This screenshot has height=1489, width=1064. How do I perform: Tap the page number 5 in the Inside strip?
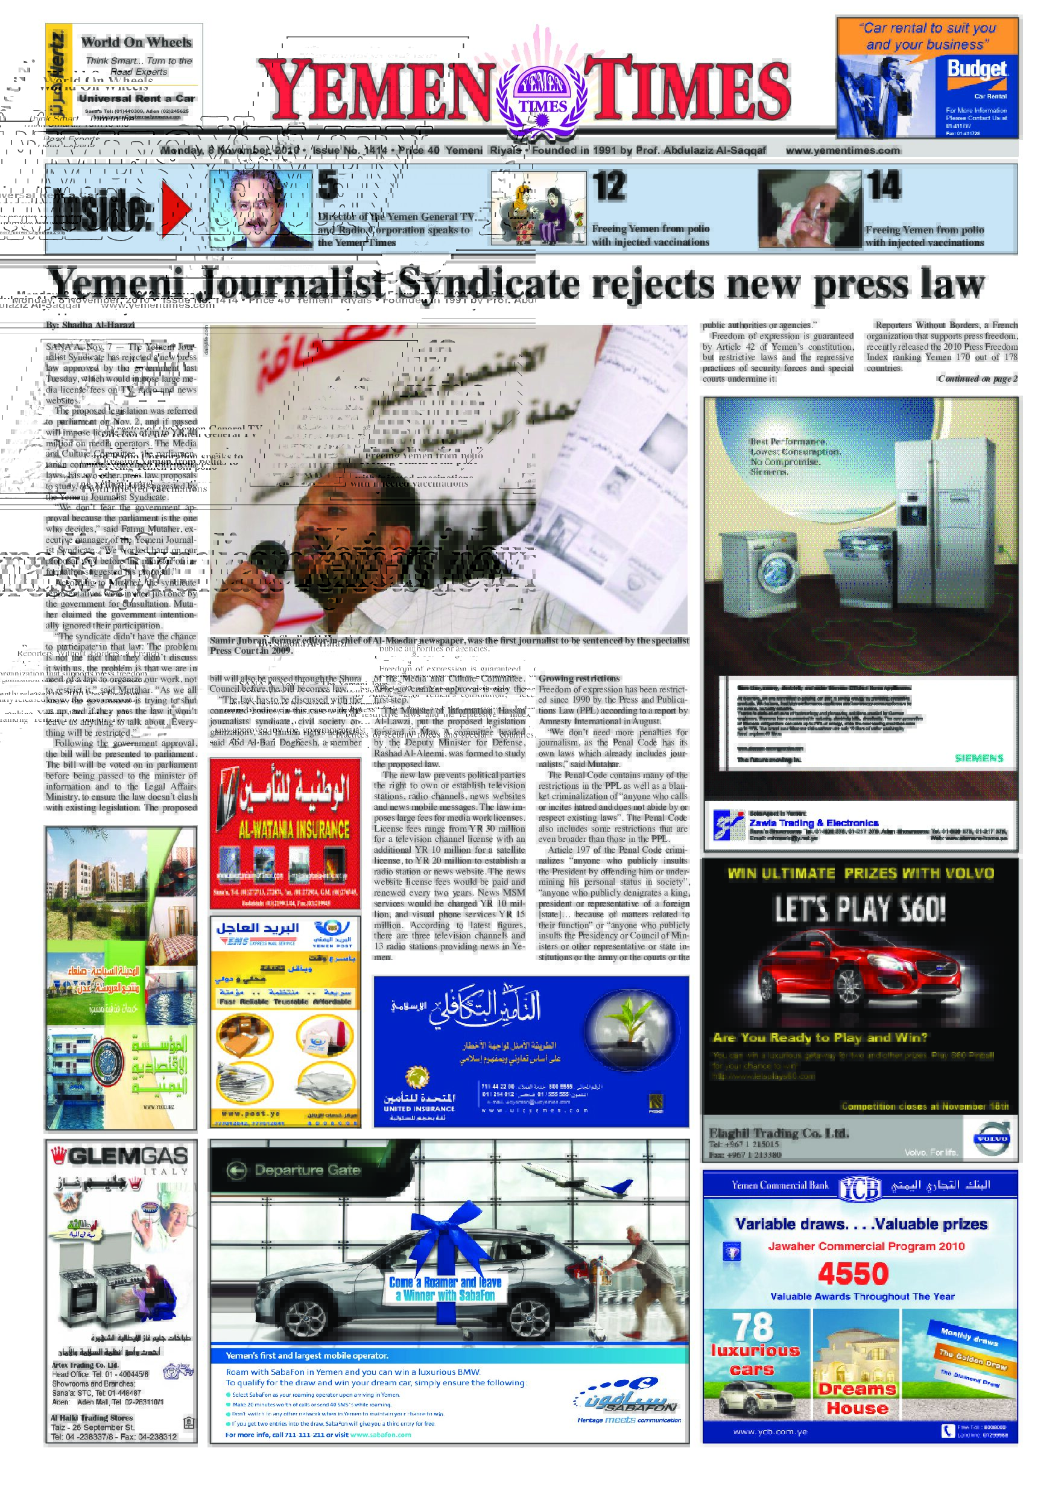[x=328, y=185]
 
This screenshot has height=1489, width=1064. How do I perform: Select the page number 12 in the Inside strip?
[x=609, y=185]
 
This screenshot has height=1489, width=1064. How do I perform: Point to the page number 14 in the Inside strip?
[x=884, y=185]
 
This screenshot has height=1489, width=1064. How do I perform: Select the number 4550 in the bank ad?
[x=853, y=1274]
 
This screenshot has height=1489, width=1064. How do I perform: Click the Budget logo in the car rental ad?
[x=976, y=71]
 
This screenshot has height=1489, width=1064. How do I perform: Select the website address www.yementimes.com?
[x=843, y=150]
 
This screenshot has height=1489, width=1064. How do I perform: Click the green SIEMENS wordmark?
[x=979, y=758]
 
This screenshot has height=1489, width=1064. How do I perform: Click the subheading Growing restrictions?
[x=578, y=678]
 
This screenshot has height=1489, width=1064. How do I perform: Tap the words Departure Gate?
[x=306, y=1170]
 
